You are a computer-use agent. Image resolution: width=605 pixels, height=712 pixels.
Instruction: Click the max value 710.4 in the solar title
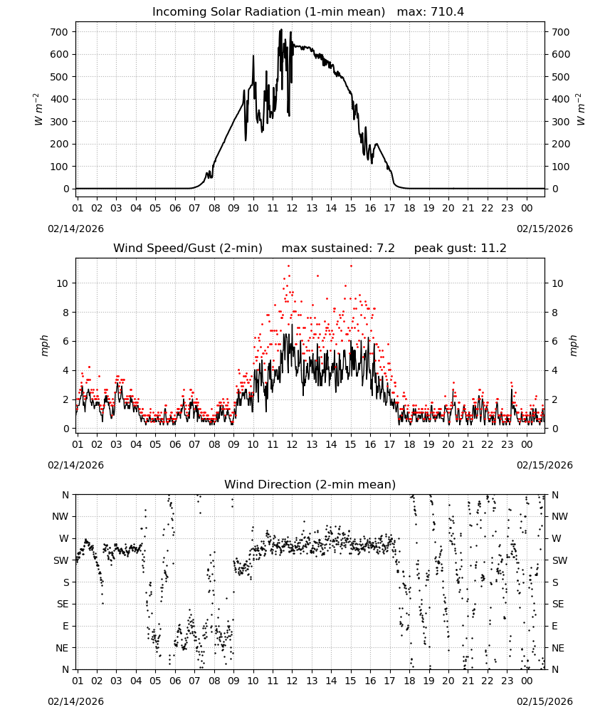point(447,11)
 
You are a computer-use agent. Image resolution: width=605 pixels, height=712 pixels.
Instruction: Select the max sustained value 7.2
point(386,248)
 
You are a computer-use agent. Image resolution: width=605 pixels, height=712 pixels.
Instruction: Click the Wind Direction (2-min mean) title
point(310,484)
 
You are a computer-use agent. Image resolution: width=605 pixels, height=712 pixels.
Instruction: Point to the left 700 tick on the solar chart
point(59,32)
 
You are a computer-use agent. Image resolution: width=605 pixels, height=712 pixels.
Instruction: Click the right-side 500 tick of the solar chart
point(561,77)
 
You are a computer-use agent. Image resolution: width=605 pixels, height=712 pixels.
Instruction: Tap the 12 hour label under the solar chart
point(292,208)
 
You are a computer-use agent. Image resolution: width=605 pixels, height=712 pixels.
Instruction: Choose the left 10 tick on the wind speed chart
point(63,283)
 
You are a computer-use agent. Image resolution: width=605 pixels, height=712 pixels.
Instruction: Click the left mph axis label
point(44,345)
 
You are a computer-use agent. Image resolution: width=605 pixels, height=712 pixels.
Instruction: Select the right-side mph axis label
point(573,345)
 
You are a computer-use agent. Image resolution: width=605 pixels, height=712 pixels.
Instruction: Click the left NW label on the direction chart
point(60,516)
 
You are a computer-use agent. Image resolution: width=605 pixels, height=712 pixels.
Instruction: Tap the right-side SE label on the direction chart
point(558,604)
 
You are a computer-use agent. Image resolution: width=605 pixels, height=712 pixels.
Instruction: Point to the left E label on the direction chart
point(65,626)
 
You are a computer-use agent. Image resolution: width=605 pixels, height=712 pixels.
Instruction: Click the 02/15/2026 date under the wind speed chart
point(544,465)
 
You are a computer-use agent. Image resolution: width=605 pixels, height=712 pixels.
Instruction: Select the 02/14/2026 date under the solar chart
point(75,229)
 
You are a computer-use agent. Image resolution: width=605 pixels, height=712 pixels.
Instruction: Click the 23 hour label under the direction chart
point(507,681)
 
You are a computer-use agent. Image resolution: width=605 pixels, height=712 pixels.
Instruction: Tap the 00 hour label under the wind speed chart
point(527,444)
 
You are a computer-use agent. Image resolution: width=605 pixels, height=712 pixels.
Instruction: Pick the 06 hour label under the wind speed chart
point(175,444)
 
